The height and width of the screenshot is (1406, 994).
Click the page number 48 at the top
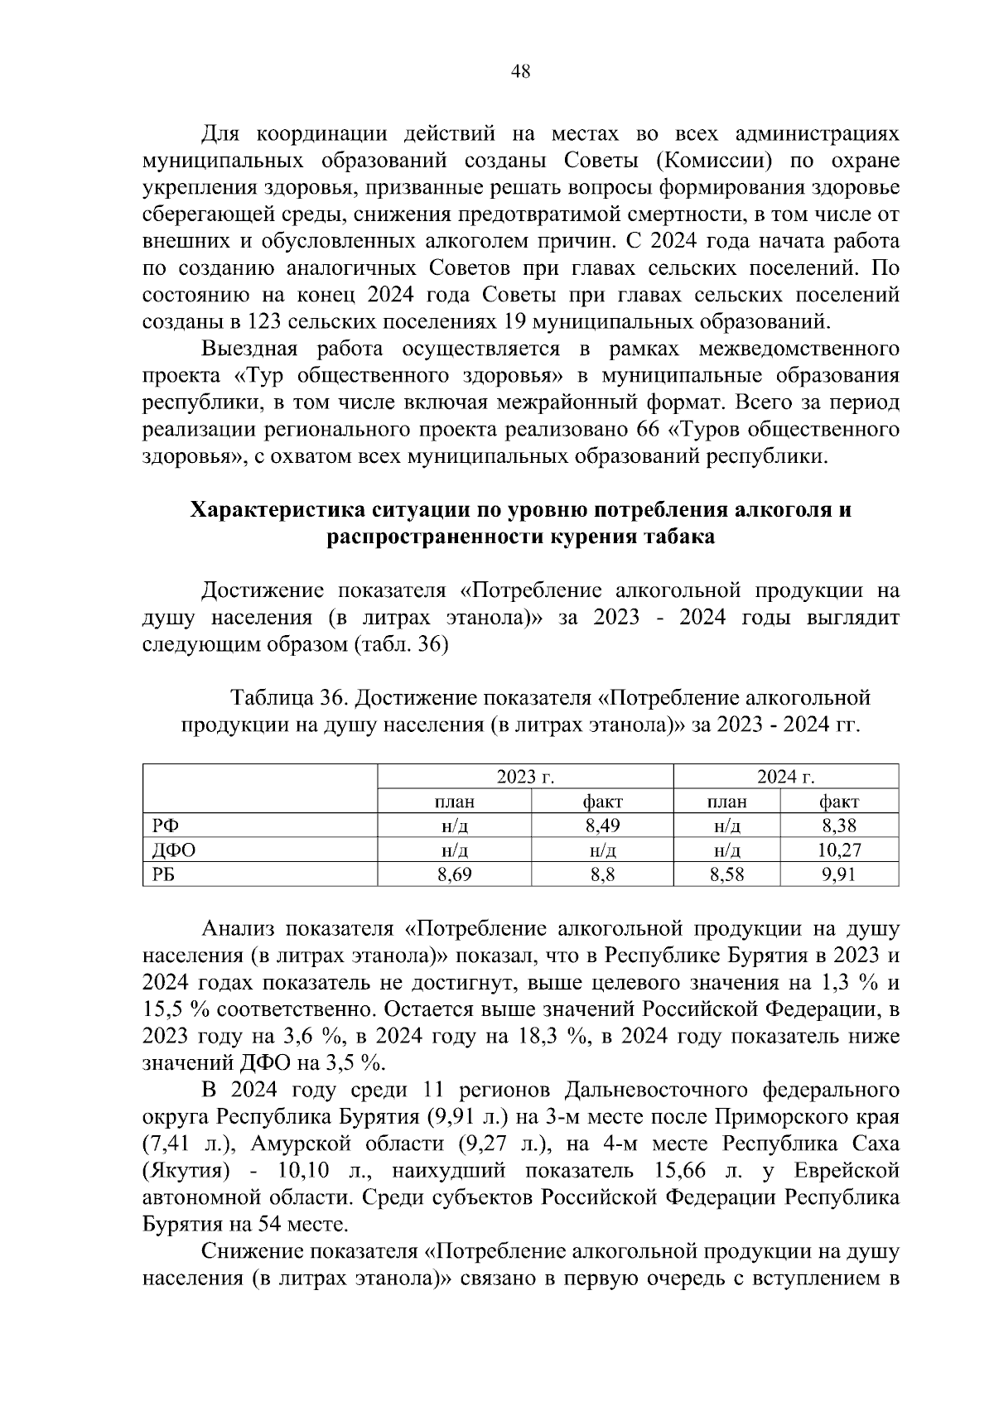point(521,71)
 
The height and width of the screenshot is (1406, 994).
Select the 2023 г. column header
point(525,777)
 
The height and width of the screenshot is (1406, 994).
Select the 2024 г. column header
point(785,777)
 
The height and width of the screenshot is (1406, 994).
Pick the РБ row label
point(164,874)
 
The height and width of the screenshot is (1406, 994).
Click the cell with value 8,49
point(602,826)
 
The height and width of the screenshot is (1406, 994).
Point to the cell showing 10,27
point(839,850)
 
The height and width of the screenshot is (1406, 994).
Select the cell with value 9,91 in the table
point(839,874)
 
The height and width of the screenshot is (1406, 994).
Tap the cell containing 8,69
point(454,874)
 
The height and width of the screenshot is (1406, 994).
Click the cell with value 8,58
point(726,874)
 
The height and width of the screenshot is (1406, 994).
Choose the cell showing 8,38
point(839,826)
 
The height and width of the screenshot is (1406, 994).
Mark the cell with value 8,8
point(602,874)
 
